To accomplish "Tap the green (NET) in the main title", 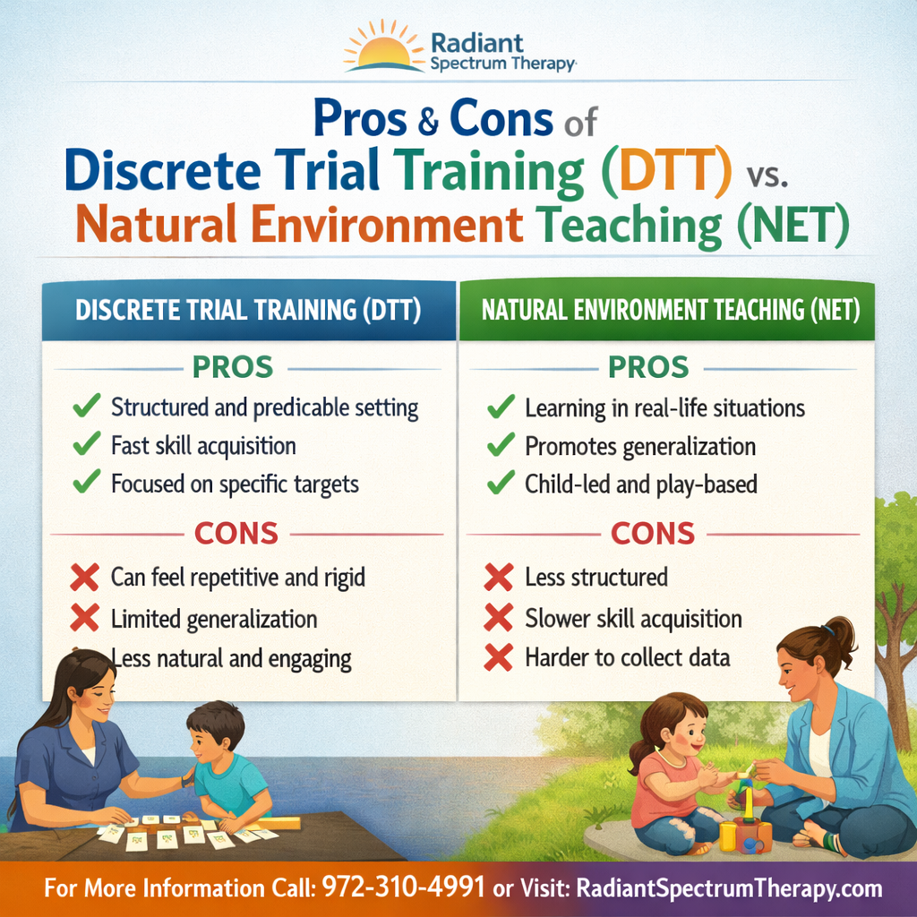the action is (793, 225).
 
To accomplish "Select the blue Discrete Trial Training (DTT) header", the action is (249, 310).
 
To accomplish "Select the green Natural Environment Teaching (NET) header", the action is (667, 310).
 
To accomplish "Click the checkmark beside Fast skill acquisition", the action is (87, 444).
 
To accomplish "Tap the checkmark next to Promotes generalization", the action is (501, 445).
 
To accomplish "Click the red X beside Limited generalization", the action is (85, 618).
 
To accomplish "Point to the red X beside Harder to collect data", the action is (499, 656).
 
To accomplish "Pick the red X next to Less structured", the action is (499, 577).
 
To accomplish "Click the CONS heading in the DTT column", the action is (236, 534).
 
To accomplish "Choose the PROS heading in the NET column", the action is (648, 367).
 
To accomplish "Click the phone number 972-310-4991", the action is (404, 887).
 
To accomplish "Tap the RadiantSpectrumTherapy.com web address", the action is (729, 888).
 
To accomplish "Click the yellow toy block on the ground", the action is (728, 836).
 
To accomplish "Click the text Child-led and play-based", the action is (641, 484).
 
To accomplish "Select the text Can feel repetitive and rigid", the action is (238, 578).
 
